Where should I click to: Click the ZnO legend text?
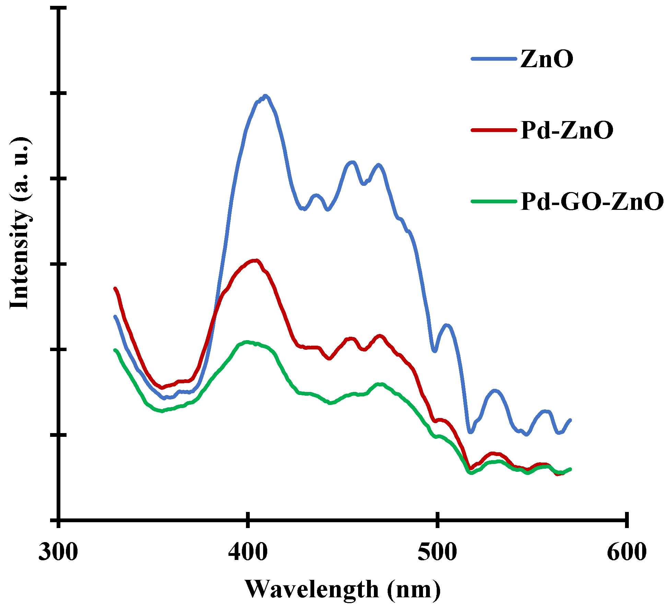click(x=547, y=59)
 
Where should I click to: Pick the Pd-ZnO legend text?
click(x=567, y=130)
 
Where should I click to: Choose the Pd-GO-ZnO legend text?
click(x=592, y=202)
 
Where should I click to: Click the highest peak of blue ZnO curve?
click(x=265, y=96)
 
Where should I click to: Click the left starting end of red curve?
click(x=115, y=289)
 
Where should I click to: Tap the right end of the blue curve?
click(x=570, y=420)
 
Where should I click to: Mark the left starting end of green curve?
click(x=115, y=350)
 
